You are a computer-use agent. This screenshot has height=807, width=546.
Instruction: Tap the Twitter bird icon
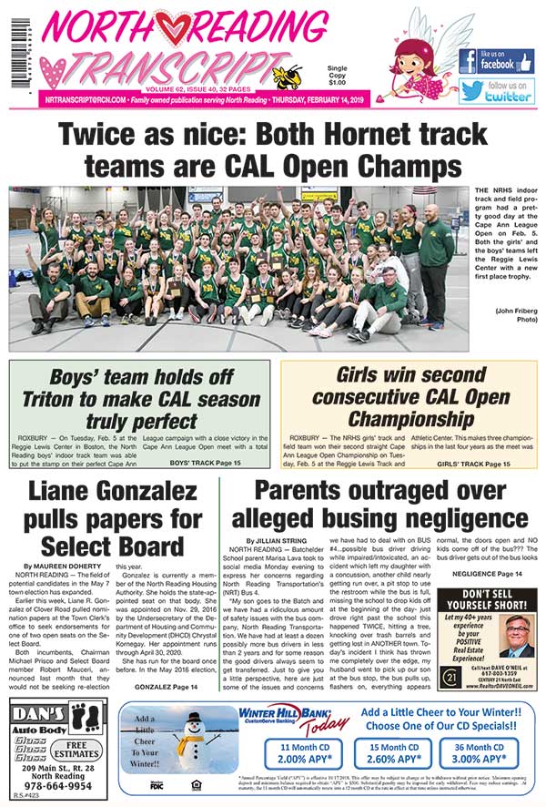pyautogui.click(x=471, y=92)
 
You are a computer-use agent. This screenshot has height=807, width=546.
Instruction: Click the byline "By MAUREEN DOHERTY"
pyautogui.click(x=65, y=566)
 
